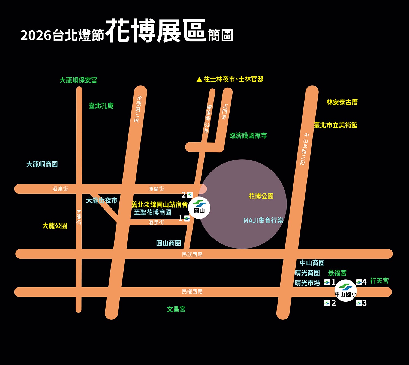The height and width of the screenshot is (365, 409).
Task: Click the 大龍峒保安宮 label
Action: pos(78,80)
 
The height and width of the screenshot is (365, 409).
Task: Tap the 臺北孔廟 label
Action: pos(101,106)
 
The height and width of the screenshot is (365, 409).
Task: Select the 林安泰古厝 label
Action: pos(342,102)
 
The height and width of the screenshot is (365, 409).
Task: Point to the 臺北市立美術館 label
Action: pos(335,125)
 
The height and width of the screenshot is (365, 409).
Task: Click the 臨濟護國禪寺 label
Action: pos(248,136)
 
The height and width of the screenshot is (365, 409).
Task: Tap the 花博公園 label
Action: pos(261,196)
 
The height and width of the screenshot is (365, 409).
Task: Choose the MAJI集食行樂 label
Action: pos(263,220)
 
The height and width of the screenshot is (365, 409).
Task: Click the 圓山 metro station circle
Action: pos(199,208)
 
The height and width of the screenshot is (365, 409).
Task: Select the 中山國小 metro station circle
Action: pos(345,291)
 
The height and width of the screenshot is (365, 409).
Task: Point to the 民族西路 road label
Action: pos(192,254)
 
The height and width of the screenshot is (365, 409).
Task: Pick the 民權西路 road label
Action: pos(192,292)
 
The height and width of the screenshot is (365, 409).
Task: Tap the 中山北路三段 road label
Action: pos(305,149)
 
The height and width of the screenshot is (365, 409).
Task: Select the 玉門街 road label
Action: pos(224,111)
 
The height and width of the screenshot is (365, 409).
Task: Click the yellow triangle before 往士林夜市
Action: pos(199,79)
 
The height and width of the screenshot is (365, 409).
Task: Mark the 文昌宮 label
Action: pos(176,309)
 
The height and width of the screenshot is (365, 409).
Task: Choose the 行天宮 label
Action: pos(379,281)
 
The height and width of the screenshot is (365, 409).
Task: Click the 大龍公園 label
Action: pos(55,226)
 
